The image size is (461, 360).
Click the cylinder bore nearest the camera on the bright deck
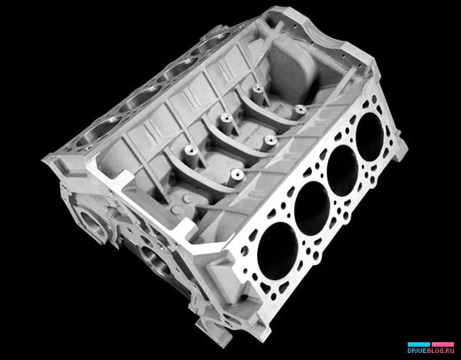point(277,251)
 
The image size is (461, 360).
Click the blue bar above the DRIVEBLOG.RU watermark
point(418,344)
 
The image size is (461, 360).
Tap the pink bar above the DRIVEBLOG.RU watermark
point(442,344)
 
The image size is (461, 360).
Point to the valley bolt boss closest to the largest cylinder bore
point(237,175)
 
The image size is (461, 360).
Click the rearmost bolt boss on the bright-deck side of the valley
point(300,109)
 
